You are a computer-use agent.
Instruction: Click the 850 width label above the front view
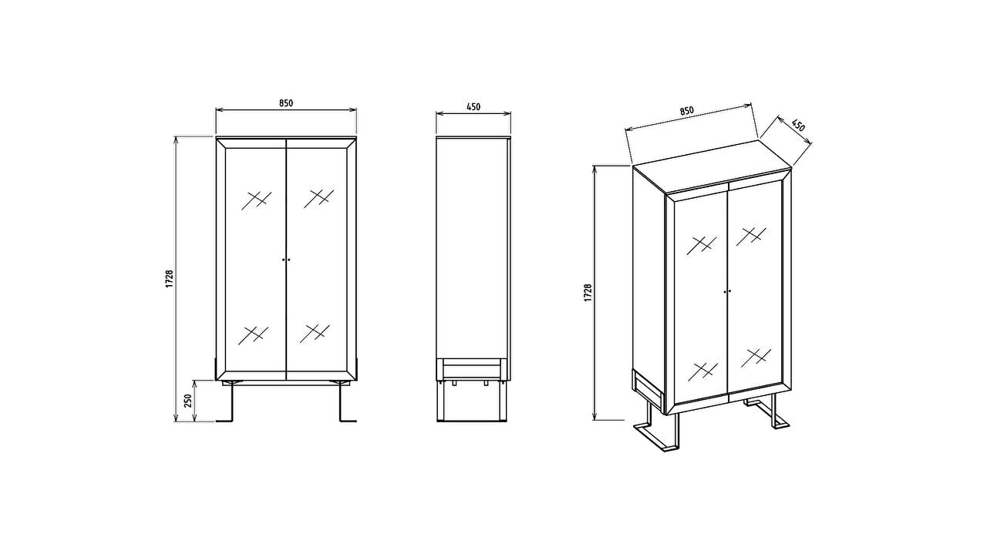(286, 103)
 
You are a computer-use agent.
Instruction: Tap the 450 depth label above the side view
(473, 106)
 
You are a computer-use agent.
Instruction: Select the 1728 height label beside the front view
(170, 279)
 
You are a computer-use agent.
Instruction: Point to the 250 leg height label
(188, 401)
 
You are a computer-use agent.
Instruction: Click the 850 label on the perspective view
(686, 111)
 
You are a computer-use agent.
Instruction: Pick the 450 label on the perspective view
(798, 126)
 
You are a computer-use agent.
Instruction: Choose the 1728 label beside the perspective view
(588, 293)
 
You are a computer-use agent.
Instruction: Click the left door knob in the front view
(283, 260)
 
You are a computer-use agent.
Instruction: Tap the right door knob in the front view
(289, 260)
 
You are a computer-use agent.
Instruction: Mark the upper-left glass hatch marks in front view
(256, 200)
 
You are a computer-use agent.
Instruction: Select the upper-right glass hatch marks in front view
(318, 199)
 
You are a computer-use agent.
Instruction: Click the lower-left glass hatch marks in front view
(253, 334)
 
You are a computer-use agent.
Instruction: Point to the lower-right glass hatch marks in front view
(315, 334)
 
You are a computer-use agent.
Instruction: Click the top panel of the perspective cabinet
(712, 167)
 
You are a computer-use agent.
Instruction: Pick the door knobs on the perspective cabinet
(727, 291)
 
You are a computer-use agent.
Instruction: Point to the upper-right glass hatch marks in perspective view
(751, 236)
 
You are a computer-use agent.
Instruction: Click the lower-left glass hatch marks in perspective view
(702, 371)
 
